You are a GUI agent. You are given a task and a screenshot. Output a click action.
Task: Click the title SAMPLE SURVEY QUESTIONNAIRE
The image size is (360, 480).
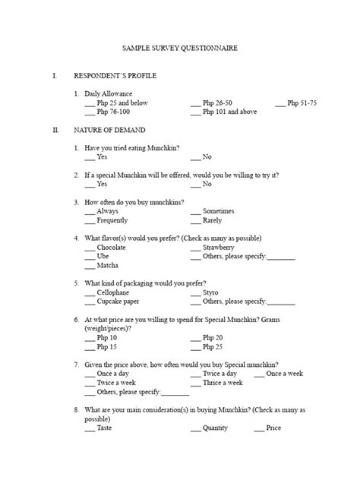tap(180, 48)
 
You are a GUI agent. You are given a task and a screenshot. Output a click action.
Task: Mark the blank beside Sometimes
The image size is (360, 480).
tap(196, 211)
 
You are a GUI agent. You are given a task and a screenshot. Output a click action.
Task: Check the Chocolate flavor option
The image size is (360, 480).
tap(111, 248)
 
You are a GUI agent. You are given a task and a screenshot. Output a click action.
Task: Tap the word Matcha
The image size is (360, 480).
tap(107, 266)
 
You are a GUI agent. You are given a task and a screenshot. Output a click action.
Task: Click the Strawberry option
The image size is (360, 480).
tap(218, 248)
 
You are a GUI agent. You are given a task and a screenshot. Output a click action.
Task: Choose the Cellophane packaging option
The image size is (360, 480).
tap(112, 292)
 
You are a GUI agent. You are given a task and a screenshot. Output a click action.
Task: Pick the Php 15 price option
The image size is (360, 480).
tap(107, 347)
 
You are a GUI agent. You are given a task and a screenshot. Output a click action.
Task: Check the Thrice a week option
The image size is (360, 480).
tap(222, 383)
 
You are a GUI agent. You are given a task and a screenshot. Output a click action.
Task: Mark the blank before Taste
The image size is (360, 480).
tap(90, 428)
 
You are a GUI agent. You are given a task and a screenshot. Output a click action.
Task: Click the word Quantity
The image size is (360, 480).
tap(215, 428)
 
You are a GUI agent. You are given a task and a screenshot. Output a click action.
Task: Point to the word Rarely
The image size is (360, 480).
tap(212, 220)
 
